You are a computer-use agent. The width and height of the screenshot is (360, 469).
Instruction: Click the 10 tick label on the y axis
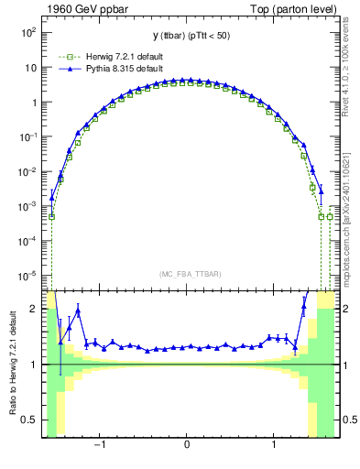(31, 67)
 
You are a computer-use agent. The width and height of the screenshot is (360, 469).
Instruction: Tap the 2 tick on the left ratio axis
(37, 309)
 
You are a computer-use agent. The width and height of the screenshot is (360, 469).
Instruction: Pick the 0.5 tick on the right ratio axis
(346, 420)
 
